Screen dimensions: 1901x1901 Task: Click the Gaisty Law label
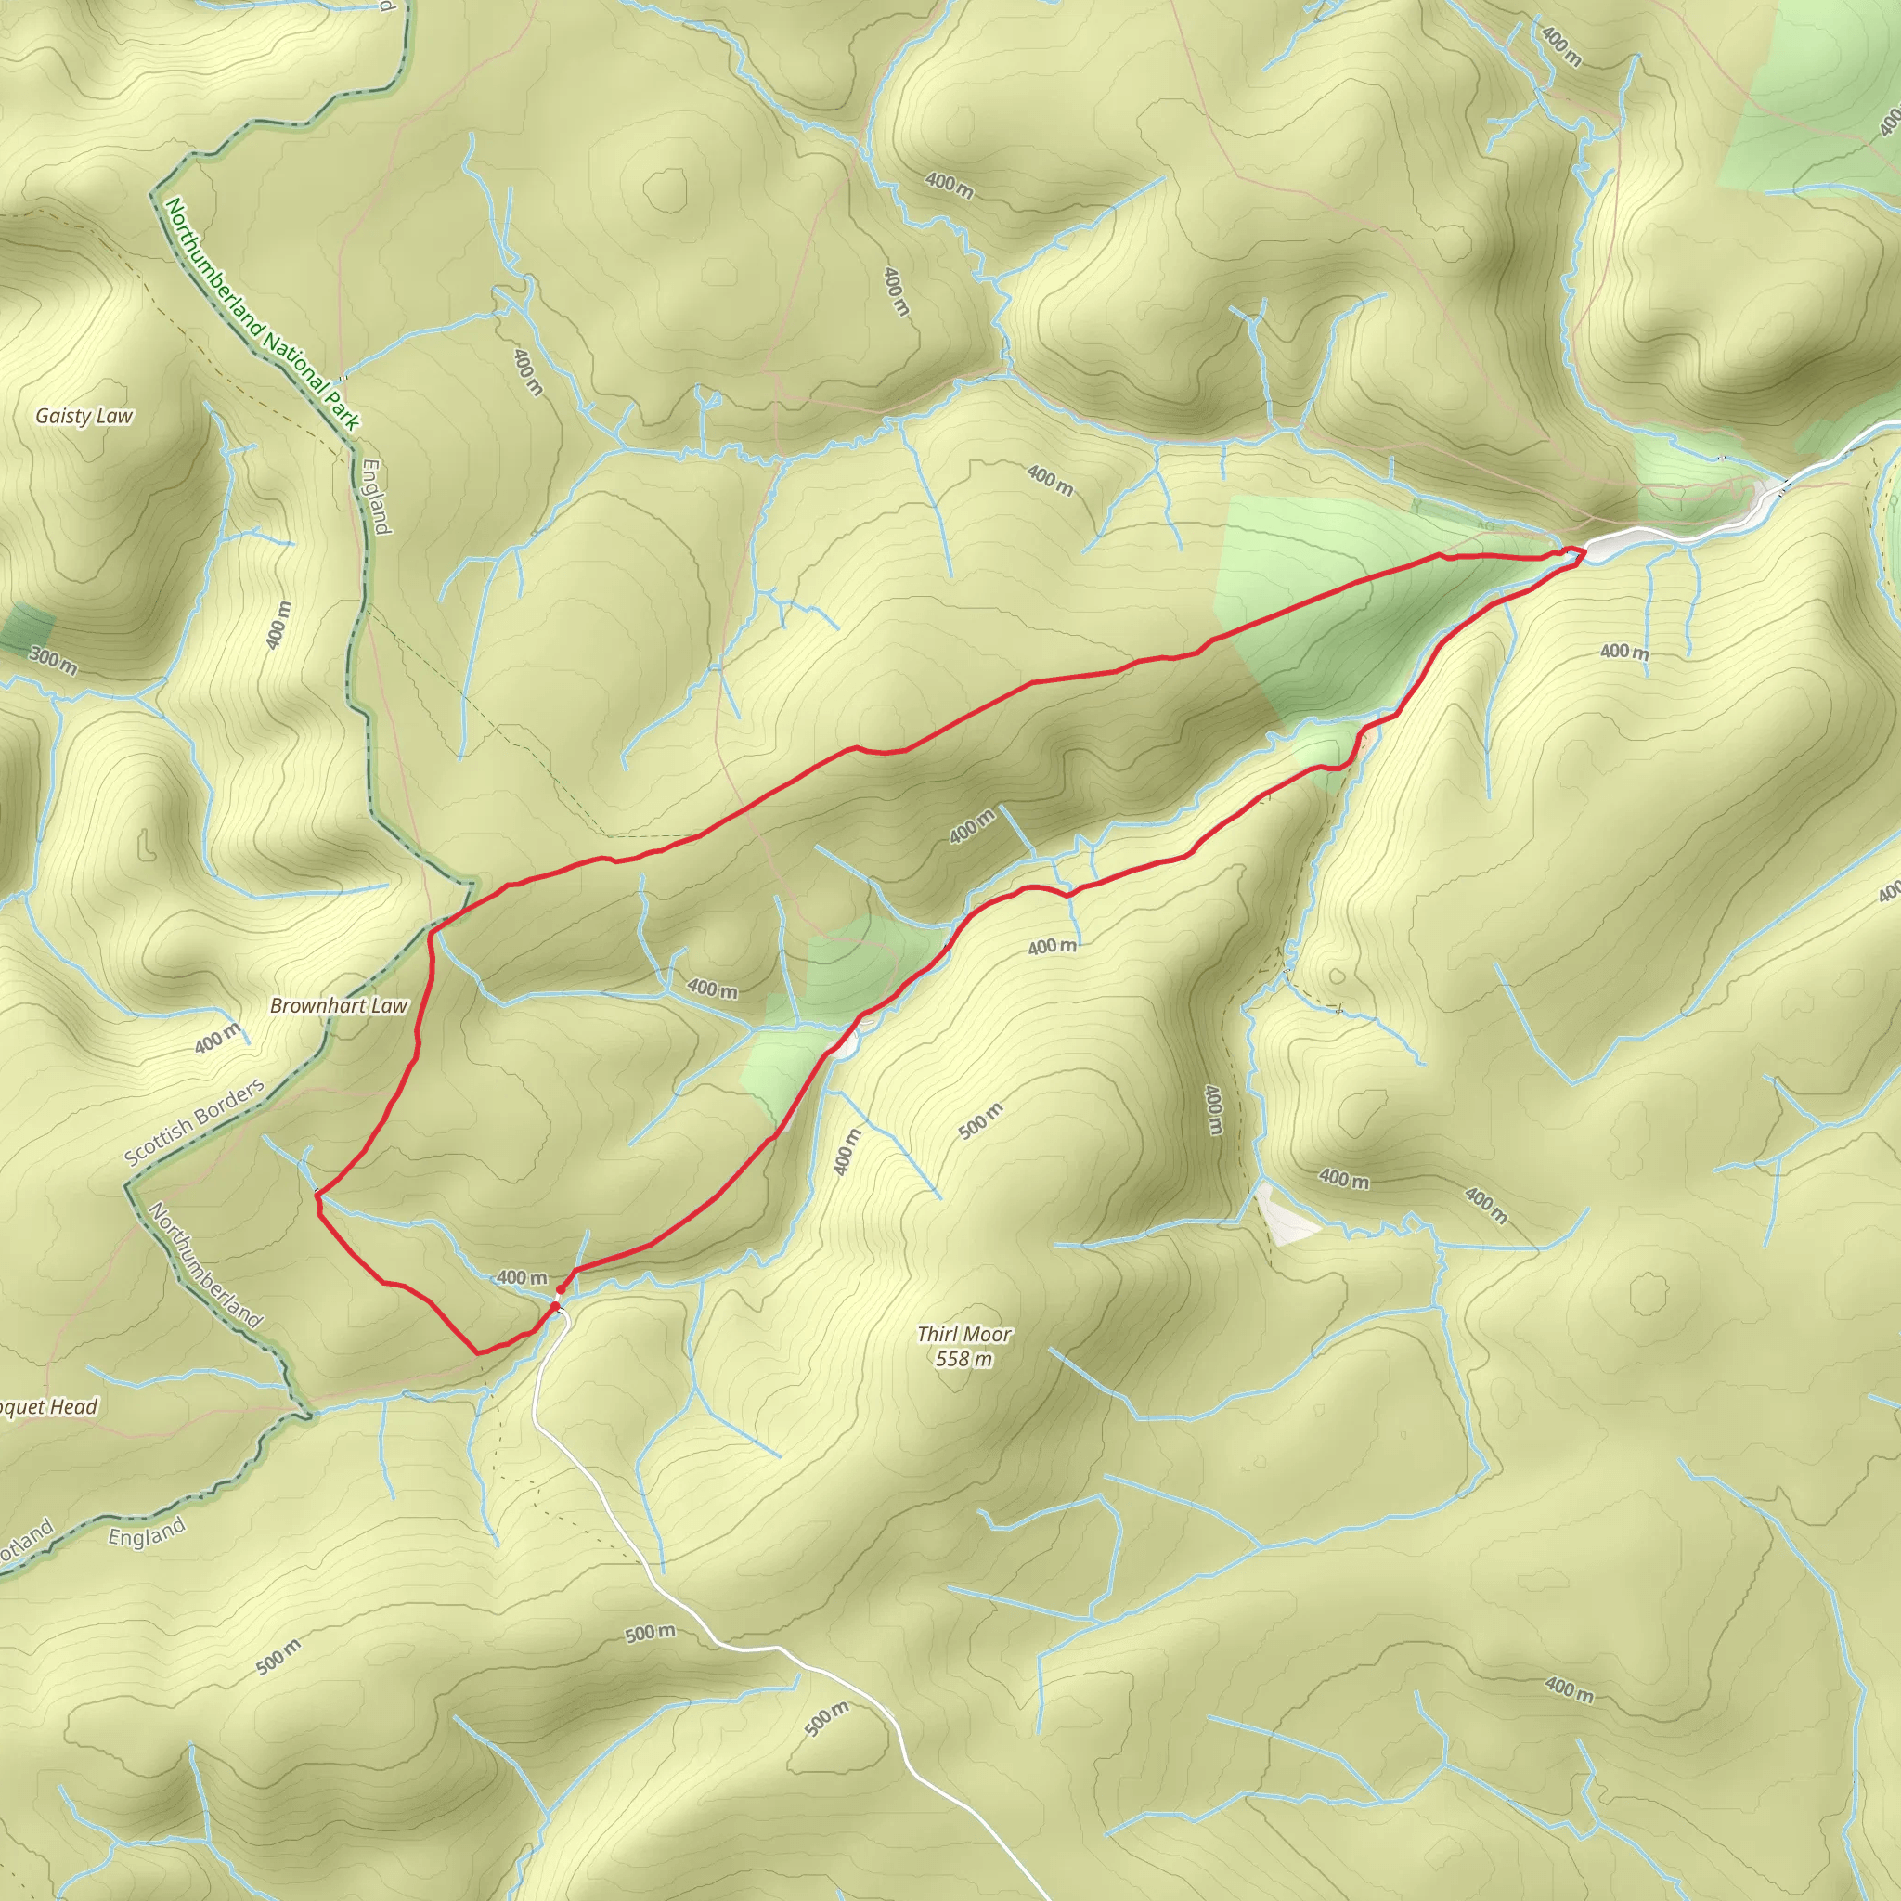pyautogui.click(x=84, y=416)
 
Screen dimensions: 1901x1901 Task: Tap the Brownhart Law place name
pyautogui.click(x=339, y=1005)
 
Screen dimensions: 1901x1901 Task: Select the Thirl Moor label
pyautogui.click(x=963, y=1334)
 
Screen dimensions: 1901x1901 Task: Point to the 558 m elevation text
pyautogui.click(x=963, y=1359)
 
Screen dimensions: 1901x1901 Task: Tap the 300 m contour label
pyautogui.click(x=52, y=660)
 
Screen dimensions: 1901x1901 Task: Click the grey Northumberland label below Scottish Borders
pyautogui.click(x=206, y=1265)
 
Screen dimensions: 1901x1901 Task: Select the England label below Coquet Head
pyautogui.click(x=147, y=1533)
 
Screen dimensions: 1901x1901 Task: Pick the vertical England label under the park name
pyautogui.click(x=376, y=497)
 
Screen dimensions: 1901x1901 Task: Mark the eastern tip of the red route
pyautogui.click(x=1584, y=553)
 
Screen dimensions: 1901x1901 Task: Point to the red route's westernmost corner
pyautogui.click(x=316, y=1195)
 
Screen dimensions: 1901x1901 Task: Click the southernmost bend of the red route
pyautogui.click(x=478, y=1354)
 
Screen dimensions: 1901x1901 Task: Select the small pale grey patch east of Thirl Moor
pyautogui.click(x=1284, y=1216)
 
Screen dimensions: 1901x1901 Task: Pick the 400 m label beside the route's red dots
pyautogui.click(x=522, y=1277)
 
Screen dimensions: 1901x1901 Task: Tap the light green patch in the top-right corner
pyautogui.click(x=1810, y=98)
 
